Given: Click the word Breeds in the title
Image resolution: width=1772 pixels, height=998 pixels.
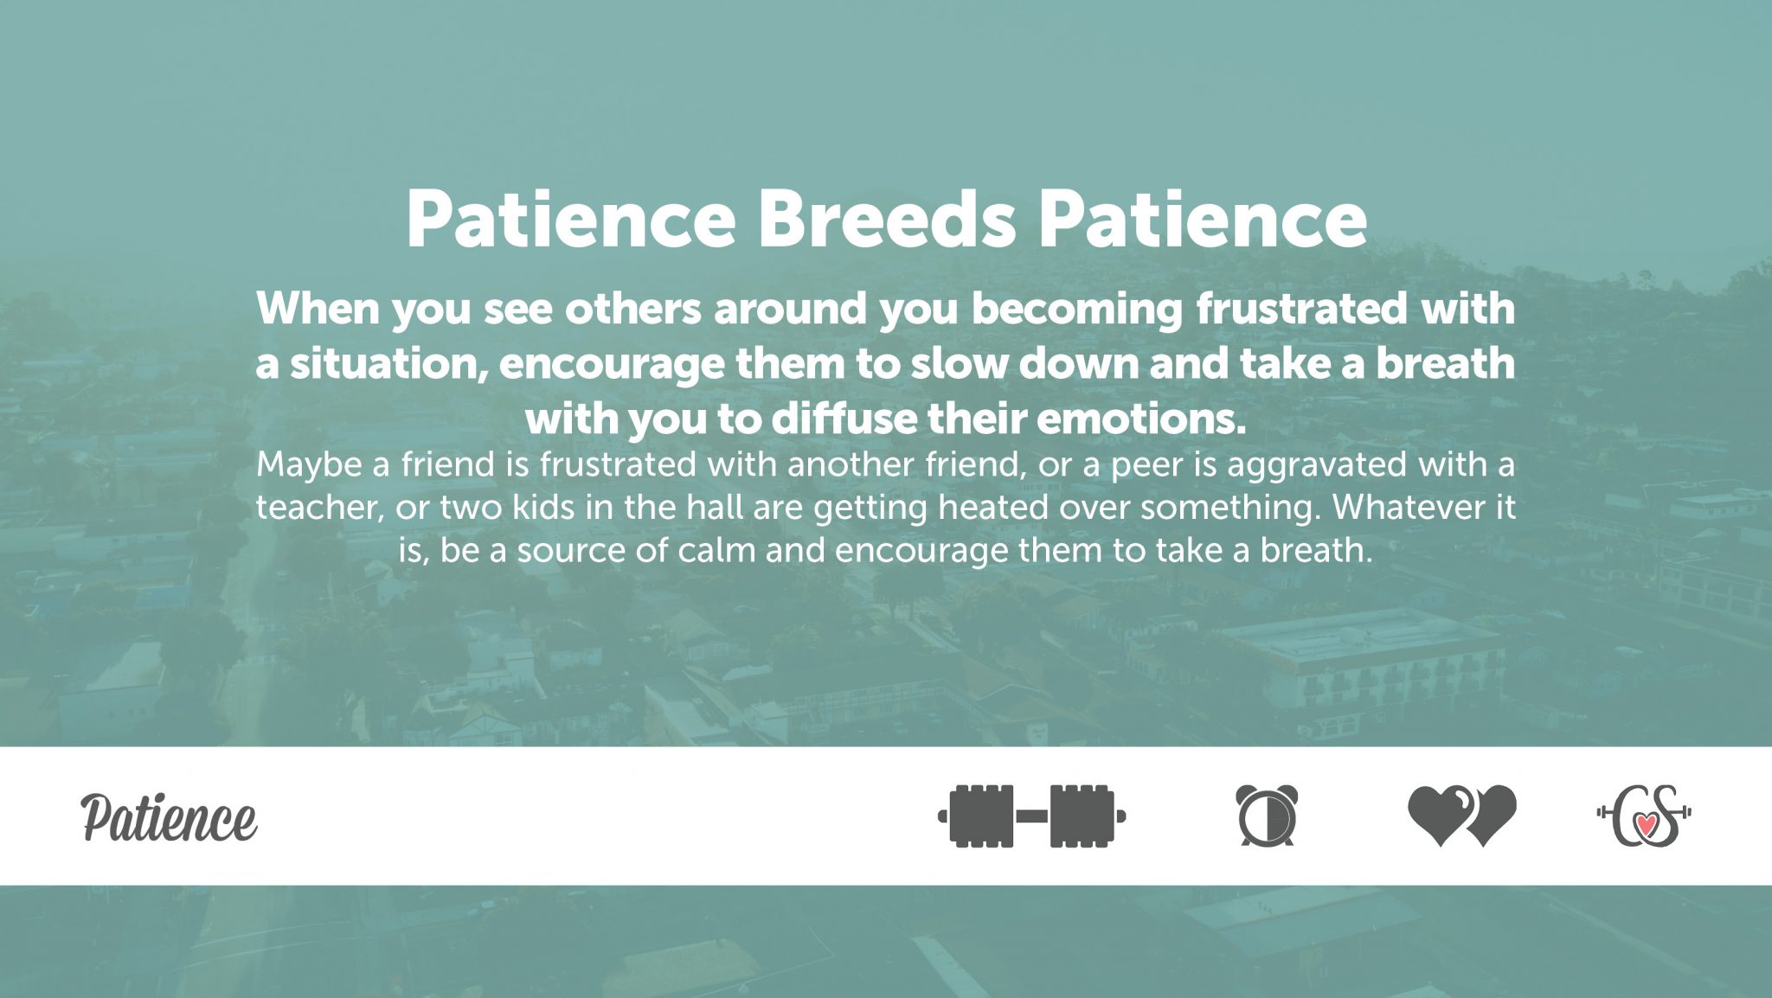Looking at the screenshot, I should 886,219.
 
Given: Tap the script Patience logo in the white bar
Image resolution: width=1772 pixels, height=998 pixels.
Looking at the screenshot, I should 170,817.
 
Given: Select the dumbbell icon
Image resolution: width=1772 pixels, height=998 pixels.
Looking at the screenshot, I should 1031,816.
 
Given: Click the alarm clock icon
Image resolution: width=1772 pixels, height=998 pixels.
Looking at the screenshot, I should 1267,815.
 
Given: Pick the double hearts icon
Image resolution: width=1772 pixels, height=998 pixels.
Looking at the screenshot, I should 1461,815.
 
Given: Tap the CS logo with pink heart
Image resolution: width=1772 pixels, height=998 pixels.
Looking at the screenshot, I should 1644,815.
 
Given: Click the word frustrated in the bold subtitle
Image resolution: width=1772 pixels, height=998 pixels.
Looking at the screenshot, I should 1301,309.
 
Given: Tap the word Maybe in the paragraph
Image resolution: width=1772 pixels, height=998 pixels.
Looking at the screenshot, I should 309,465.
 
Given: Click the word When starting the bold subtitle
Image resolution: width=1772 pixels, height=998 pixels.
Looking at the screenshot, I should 318,309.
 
